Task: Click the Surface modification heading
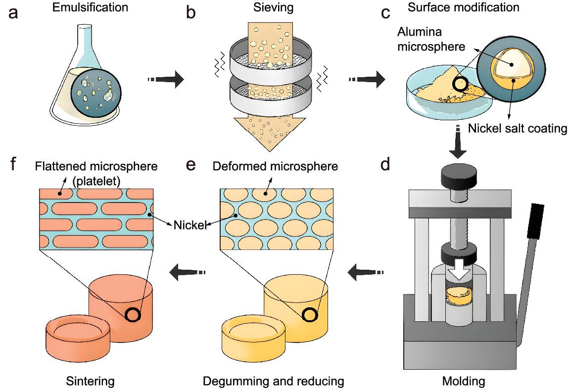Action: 464,7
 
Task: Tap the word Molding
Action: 464,381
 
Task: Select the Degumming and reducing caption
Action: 273,381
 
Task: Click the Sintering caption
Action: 91,381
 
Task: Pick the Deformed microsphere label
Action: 275,166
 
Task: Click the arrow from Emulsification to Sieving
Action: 166,79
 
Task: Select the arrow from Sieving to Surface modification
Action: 367,79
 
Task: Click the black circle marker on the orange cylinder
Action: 132,314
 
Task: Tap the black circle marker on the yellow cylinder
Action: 310,314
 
